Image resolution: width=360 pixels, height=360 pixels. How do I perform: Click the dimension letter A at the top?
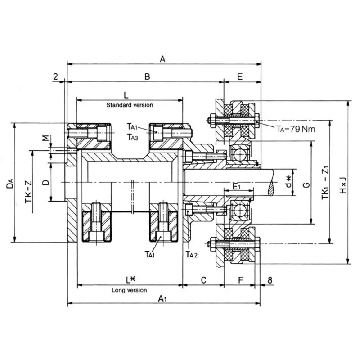(163, 58)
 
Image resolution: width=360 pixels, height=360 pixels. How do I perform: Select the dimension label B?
(147, 77)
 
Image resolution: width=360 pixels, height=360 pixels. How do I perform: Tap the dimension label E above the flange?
(240, 77)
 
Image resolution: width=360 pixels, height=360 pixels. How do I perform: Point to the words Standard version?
(130, 105)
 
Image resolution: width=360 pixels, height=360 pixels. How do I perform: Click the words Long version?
(129, 290)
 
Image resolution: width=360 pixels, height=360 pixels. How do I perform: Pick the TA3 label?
(132, 137)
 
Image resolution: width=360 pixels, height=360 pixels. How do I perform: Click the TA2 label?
(192, 254)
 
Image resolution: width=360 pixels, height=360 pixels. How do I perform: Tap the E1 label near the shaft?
(237, 186)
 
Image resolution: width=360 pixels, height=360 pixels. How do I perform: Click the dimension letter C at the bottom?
(203, 280)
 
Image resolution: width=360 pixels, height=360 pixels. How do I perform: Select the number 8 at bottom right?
(270, 280)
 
